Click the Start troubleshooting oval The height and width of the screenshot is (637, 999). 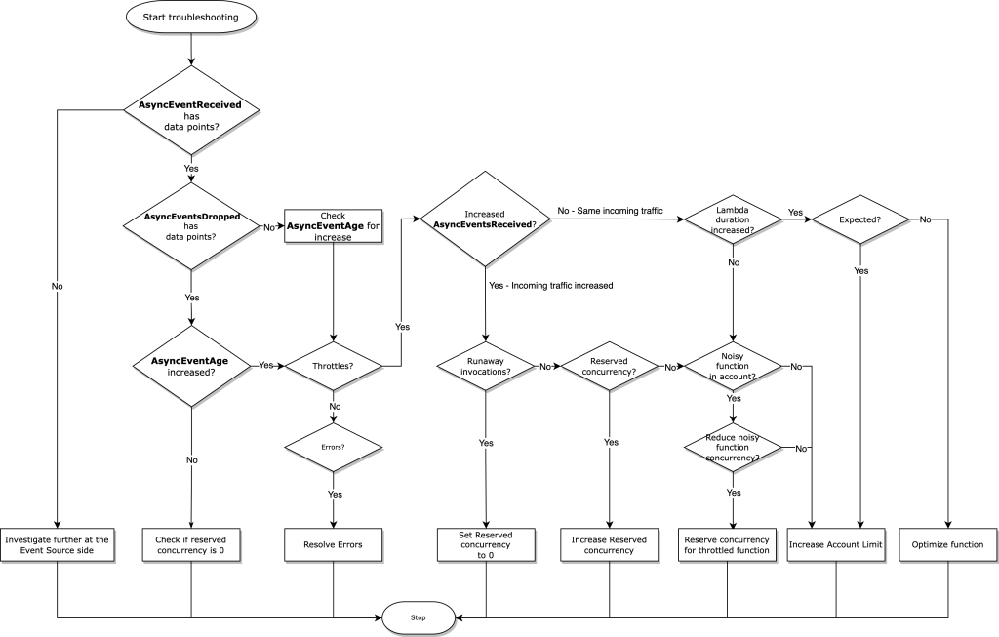(x=190, y=17)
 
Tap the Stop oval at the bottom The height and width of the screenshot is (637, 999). (x=418, y=617)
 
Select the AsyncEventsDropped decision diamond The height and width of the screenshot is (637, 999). (x=190, y=225)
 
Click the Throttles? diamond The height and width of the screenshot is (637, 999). (x=334, y=366)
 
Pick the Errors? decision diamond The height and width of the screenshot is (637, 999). (x=334, y=448)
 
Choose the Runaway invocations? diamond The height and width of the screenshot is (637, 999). (x=485, y=366)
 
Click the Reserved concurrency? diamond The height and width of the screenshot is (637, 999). (x=609, y=366)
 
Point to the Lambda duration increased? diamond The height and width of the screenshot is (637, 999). (x=733, y=219)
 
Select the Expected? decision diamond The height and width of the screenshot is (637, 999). (x=859, y=219)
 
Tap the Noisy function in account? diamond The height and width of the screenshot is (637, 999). (x=733, y=367)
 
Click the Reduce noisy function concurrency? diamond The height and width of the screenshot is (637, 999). (x=733, y=448)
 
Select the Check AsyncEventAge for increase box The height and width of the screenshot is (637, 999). (x=333, y=226)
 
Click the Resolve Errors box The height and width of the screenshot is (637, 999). (x=334, y=544)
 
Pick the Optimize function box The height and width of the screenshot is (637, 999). (x=947, y=544)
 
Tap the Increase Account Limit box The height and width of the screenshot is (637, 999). (x=836, y=544)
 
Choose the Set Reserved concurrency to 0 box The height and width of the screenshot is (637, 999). (x=485, y=543)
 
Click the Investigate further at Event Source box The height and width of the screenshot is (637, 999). (x=58, y=544)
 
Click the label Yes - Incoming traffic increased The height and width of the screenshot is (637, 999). (x=551, y=285)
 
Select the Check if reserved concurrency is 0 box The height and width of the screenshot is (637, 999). (x=190, y=544)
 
